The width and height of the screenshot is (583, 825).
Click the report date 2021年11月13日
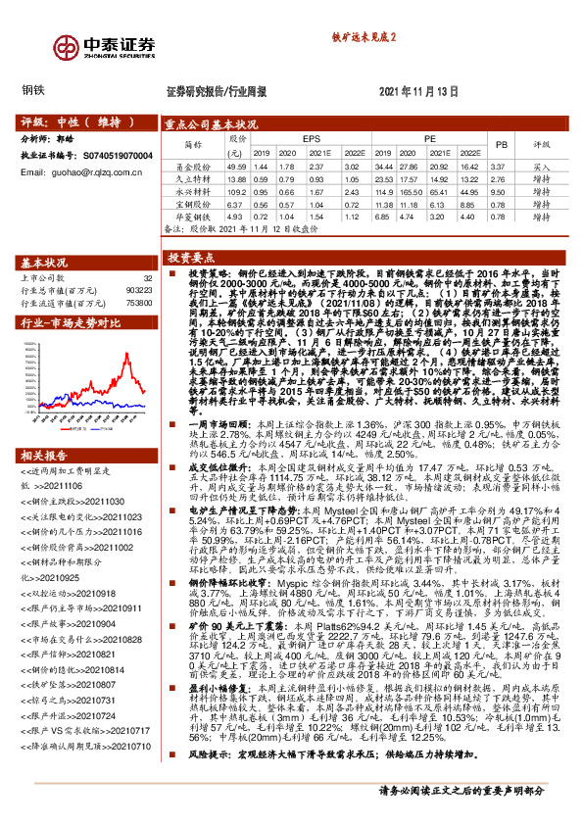(418, 90)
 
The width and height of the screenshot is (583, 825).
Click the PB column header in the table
(501, 144)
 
